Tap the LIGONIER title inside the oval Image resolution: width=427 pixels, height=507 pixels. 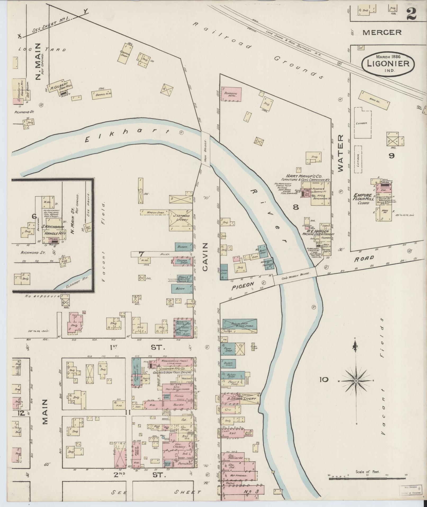point(388,63)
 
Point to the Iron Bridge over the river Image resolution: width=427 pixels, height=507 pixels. point(205,149)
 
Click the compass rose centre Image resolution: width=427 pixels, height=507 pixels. point(356,381)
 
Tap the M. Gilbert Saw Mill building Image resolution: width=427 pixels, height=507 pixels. point(60,86)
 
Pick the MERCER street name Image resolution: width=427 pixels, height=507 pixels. point(382,33)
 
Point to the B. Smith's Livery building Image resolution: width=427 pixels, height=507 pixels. point(240,399)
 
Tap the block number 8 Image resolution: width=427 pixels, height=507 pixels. point(295,207)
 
